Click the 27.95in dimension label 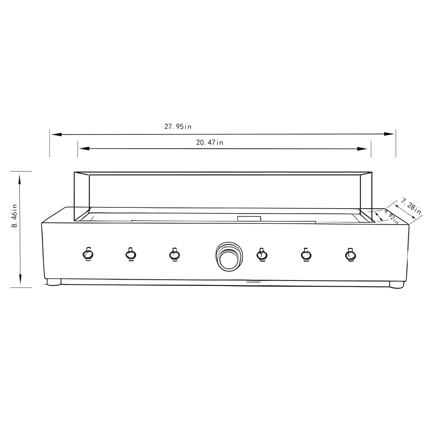[x=178, y=126]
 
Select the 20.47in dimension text [x=210, y=142]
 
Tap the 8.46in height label [x=14, y=215]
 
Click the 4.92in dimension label [x=391, y=217]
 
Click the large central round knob [x=229, y=256]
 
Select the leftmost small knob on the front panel [x=87, y=254]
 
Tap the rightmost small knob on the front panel [x=350, y=255]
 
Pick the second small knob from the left [x=131, y=254]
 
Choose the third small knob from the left [x=174, y=254]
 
